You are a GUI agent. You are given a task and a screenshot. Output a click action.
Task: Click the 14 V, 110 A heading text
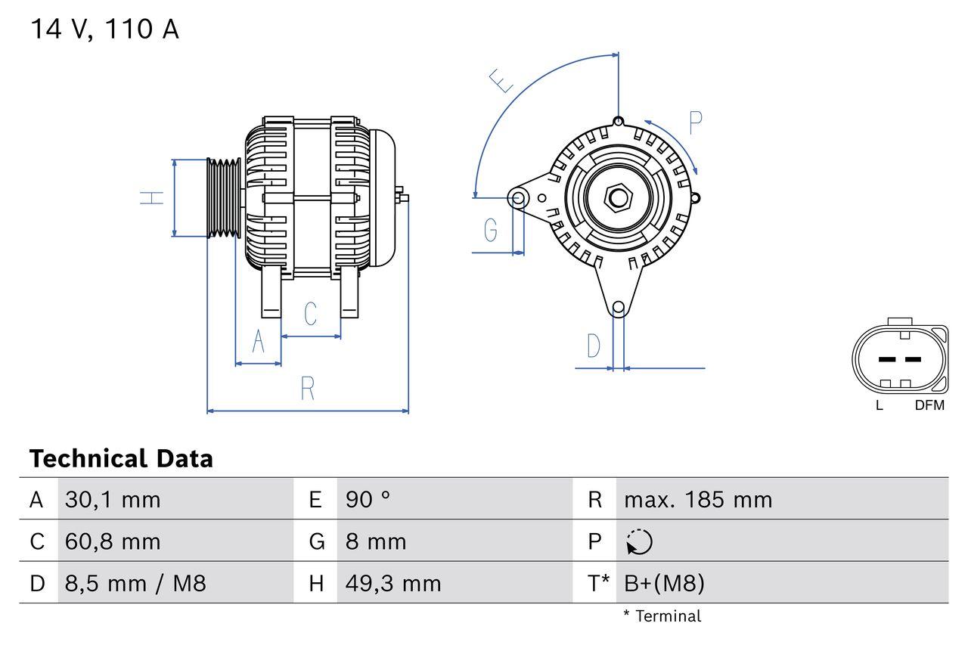pyautogui.click(x=104, y=29)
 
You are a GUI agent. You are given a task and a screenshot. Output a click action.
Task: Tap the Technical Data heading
pyautogui.click(x=121, y=458)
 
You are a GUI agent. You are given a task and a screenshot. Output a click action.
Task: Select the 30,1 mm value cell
pyautogui.click(x=113, y=500)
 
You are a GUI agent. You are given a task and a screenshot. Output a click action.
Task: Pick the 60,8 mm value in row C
pyautogui.click(x=113, y=541)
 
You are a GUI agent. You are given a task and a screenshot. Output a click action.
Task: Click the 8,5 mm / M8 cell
pyautogui.click(x=135, y=583)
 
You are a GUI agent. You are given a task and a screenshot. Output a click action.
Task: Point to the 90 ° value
pyautogui.click(x=368, y=500)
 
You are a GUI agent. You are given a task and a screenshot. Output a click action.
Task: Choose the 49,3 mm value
pyautogui.click(x=392, y=583)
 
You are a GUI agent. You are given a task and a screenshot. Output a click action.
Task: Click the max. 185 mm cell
pyautogui.click(x=697, y=500)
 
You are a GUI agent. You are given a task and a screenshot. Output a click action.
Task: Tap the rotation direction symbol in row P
pyautogui.click(x=639, y=542)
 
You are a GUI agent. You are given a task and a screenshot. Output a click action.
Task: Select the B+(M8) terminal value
pyautogui.click(x=664, y=583)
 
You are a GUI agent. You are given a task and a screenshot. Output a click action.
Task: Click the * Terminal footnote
pyautogui.click(x=662, y=616)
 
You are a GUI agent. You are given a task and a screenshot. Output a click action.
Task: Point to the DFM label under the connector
pyautogui.click(x=929, y=405)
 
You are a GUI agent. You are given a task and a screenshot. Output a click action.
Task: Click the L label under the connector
pyautogui.click(x=879, y=405)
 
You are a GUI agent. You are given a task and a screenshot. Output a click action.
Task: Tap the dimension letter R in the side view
pyautogui.click(x=307, y=389)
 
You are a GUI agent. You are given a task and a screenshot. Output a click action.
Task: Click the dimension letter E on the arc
pyautogui.click(x=501, y=80)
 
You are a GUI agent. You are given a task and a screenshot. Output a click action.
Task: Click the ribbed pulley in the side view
pyautogui.click(x=225, y=198)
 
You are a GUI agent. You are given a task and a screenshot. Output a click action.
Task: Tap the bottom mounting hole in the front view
pyautogui.click(x=619, y=307)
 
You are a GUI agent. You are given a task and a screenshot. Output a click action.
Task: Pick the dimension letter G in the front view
pyautogui.click(x=491, y=228)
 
